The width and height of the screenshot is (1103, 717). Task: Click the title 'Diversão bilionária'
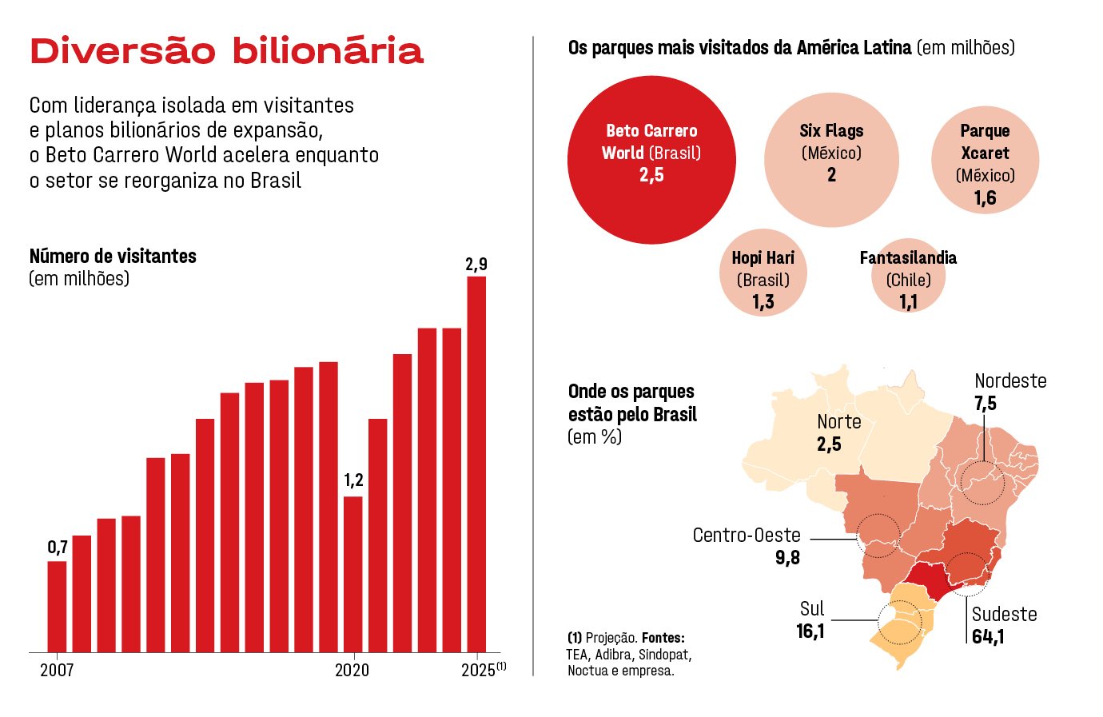[226, 50]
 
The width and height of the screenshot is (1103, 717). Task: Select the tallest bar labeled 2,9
[476, 464]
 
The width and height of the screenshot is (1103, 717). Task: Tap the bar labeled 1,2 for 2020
[352, 574]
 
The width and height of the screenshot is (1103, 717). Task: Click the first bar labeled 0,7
[57, 606]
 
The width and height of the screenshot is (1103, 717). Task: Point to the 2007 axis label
[57, 670]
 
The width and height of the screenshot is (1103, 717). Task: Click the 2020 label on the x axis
[352, 670]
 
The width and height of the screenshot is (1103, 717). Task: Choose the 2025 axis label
[478, 670]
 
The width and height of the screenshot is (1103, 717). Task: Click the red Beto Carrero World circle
[651, 160]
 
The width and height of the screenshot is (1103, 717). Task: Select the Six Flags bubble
[831, 160]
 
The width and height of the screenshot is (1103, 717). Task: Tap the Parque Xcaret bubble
[985, 160]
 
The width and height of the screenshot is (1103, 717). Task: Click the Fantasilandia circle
[908, 276]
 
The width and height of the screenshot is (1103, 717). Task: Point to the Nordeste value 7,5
[986, 404]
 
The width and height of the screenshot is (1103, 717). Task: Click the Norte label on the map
[838, 422]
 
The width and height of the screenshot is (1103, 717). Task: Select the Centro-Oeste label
[747, 536]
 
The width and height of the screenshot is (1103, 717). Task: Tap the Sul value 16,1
[810, 631]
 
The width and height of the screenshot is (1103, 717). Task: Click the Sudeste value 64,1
[989, 637]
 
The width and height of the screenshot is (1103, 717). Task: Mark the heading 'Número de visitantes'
[113, 257]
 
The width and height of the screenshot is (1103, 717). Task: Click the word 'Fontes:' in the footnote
[663, 638]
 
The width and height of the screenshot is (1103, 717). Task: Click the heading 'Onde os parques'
[631, 392]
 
